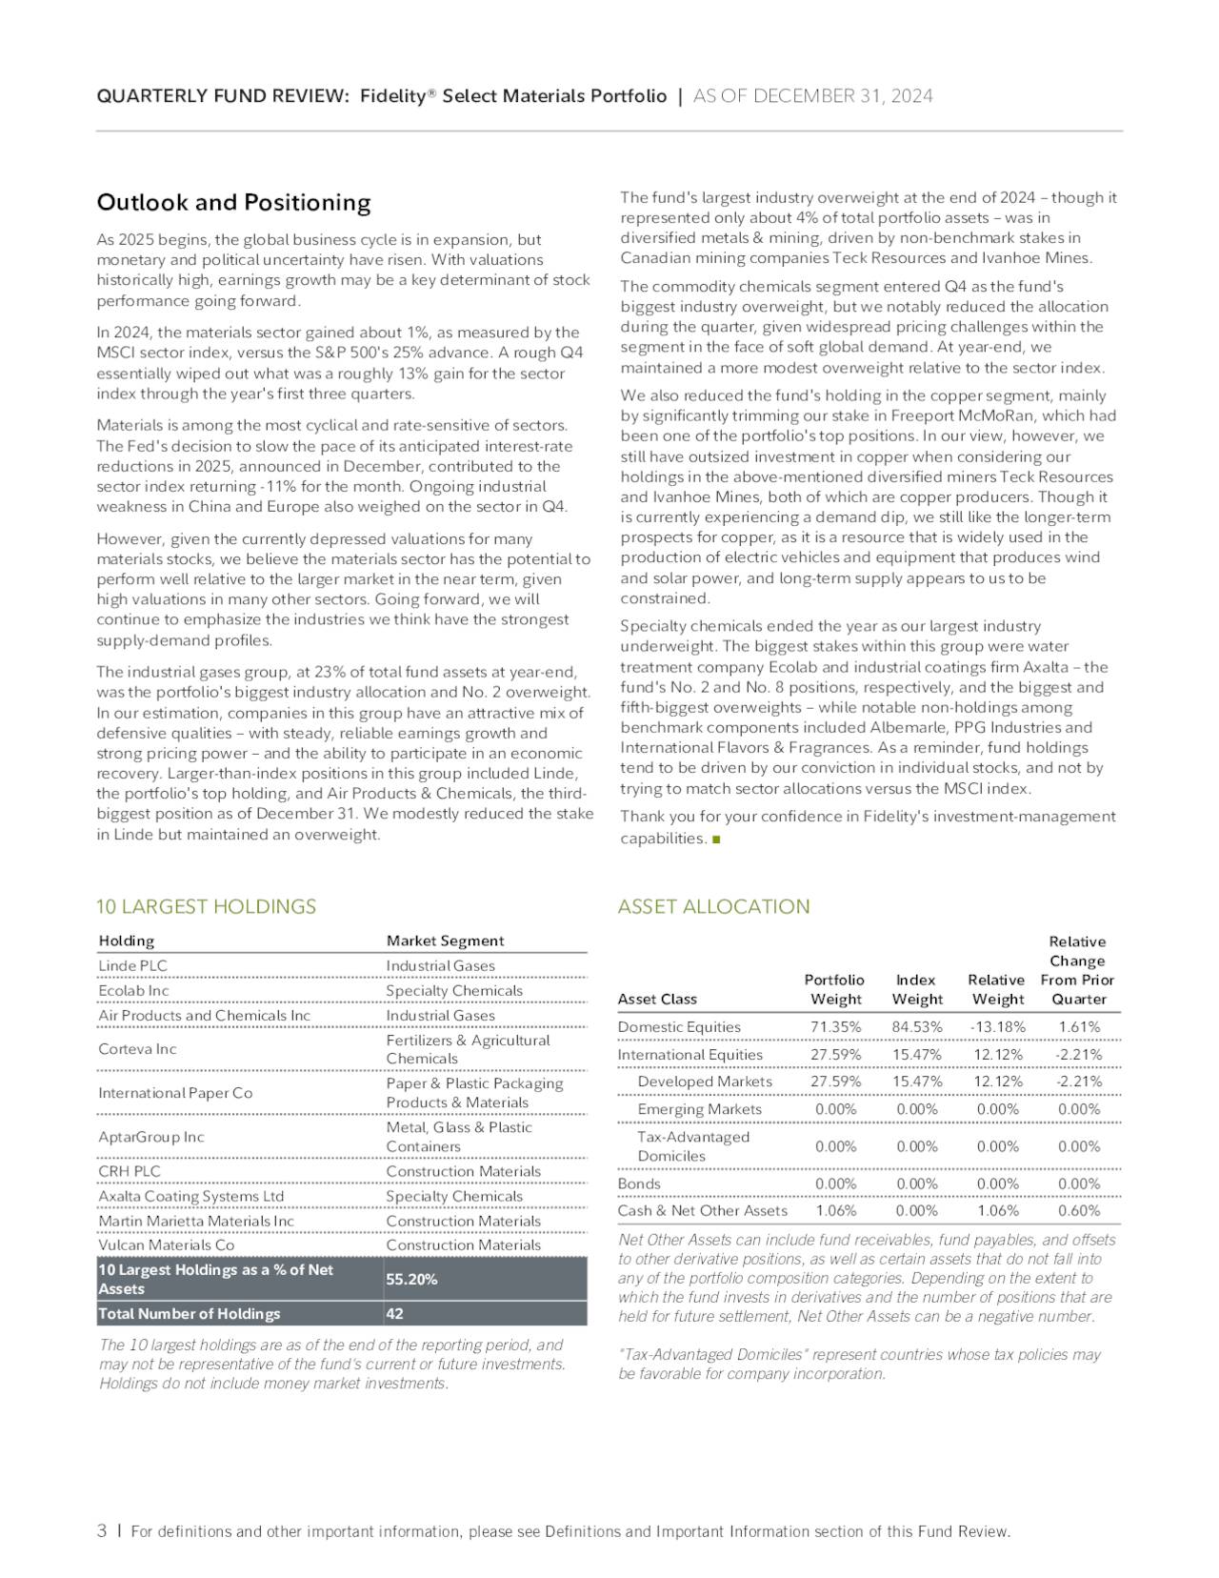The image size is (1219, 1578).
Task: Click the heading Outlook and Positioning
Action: (x=233, y=202)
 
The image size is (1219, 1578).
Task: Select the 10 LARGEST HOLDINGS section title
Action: (x=206, y=906)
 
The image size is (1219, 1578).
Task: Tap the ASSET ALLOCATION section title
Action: (x=713, y=906)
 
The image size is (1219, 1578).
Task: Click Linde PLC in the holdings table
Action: (x=132, y=965)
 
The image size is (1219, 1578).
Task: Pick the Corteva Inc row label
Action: (x=137, y=1049)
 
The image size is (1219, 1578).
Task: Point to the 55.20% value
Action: (x=411, y=1279)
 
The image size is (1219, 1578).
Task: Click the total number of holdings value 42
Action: (x=394, y=1313)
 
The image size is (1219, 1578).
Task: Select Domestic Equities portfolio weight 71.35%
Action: (x=835, y=1026)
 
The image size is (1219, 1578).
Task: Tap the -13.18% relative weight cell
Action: (x=997, y=1026)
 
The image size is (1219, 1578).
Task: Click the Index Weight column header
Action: (x=916, y=989)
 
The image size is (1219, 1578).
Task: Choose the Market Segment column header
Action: (x=445, y=941)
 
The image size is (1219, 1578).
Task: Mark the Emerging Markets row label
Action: (x=699, y=1109)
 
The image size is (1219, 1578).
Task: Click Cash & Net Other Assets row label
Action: (x=702, y=1210)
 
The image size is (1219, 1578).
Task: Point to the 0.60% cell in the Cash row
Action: (x=1078, y=1210)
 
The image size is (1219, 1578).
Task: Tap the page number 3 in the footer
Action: (x=102, y=1530)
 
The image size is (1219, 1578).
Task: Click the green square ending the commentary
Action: (x=716, y=840)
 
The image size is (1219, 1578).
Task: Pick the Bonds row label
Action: (x=638, y=1183)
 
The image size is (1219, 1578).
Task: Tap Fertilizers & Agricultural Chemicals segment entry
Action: (x=467, y=1049)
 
